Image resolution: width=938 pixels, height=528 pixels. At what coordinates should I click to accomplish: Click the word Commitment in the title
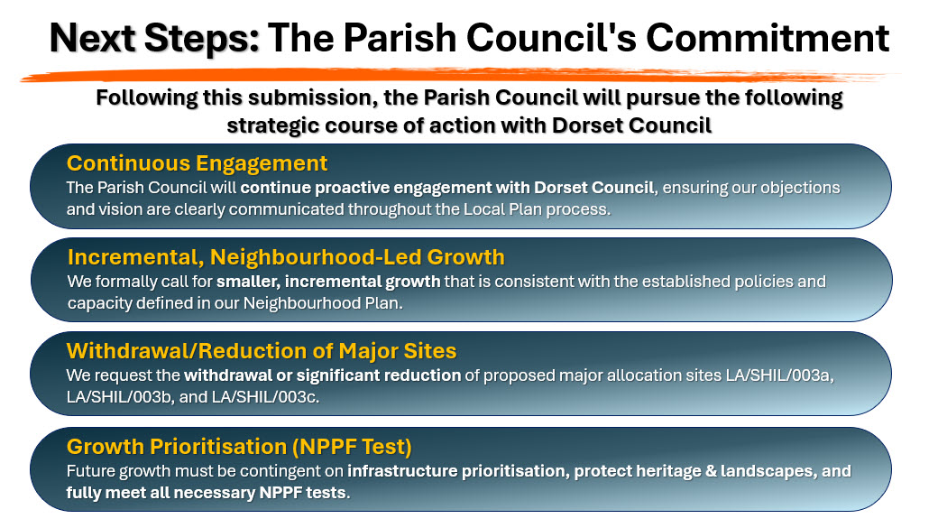768,38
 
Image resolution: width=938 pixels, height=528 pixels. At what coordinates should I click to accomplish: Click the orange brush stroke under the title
461,75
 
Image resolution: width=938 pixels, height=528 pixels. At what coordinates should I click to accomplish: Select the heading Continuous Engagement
197,163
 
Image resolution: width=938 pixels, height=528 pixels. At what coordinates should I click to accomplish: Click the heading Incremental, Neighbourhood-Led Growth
286,257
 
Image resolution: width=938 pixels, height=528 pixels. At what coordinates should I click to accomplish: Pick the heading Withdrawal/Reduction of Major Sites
262,351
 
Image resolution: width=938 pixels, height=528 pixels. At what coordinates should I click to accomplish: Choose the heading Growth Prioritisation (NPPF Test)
239,447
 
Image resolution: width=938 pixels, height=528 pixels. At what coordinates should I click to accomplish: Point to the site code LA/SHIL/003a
779,375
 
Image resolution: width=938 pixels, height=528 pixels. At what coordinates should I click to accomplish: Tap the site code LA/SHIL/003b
120,397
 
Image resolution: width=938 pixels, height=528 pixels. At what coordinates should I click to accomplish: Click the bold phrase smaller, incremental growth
328,282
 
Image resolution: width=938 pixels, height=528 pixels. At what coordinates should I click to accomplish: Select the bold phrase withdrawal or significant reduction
323,375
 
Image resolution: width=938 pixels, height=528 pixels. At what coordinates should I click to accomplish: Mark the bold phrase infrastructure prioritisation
456,472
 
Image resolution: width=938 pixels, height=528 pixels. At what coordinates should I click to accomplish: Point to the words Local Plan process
537,209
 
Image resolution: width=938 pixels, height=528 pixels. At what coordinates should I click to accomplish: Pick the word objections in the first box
800,188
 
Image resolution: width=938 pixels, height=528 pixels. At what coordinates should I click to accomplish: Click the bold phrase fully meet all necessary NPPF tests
207,493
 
